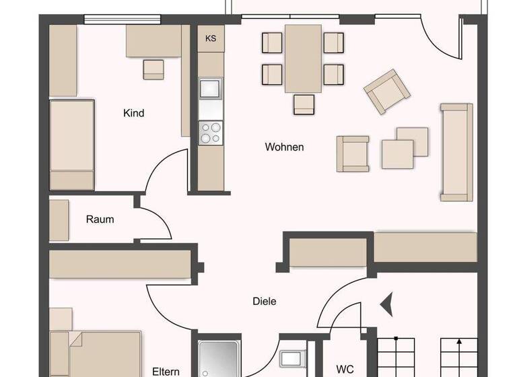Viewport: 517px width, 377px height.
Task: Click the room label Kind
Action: pos(133,113)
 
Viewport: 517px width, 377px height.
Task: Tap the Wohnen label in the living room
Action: pos(284,147)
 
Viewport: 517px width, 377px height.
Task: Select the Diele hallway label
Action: pos(264,302)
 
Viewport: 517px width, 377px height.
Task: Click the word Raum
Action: pos(100,219)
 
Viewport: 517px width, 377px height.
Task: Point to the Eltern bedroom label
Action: pos(166,371)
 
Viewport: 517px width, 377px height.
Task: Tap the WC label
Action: pos(345,370)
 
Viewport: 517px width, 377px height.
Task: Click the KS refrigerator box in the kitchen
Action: pos(211,38)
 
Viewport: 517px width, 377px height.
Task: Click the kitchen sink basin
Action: pos(211,88)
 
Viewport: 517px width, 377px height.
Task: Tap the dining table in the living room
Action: pos(303,58)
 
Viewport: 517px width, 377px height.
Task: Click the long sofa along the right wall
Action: pos(456,152)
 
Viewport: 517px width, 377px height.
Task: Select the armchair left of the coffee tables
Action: pos(353,153)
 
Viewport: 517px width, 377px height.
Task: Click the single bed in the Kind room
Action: pos(71,145)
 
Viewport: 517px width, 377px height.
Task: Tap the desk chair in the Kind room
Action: pos(153,69)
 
